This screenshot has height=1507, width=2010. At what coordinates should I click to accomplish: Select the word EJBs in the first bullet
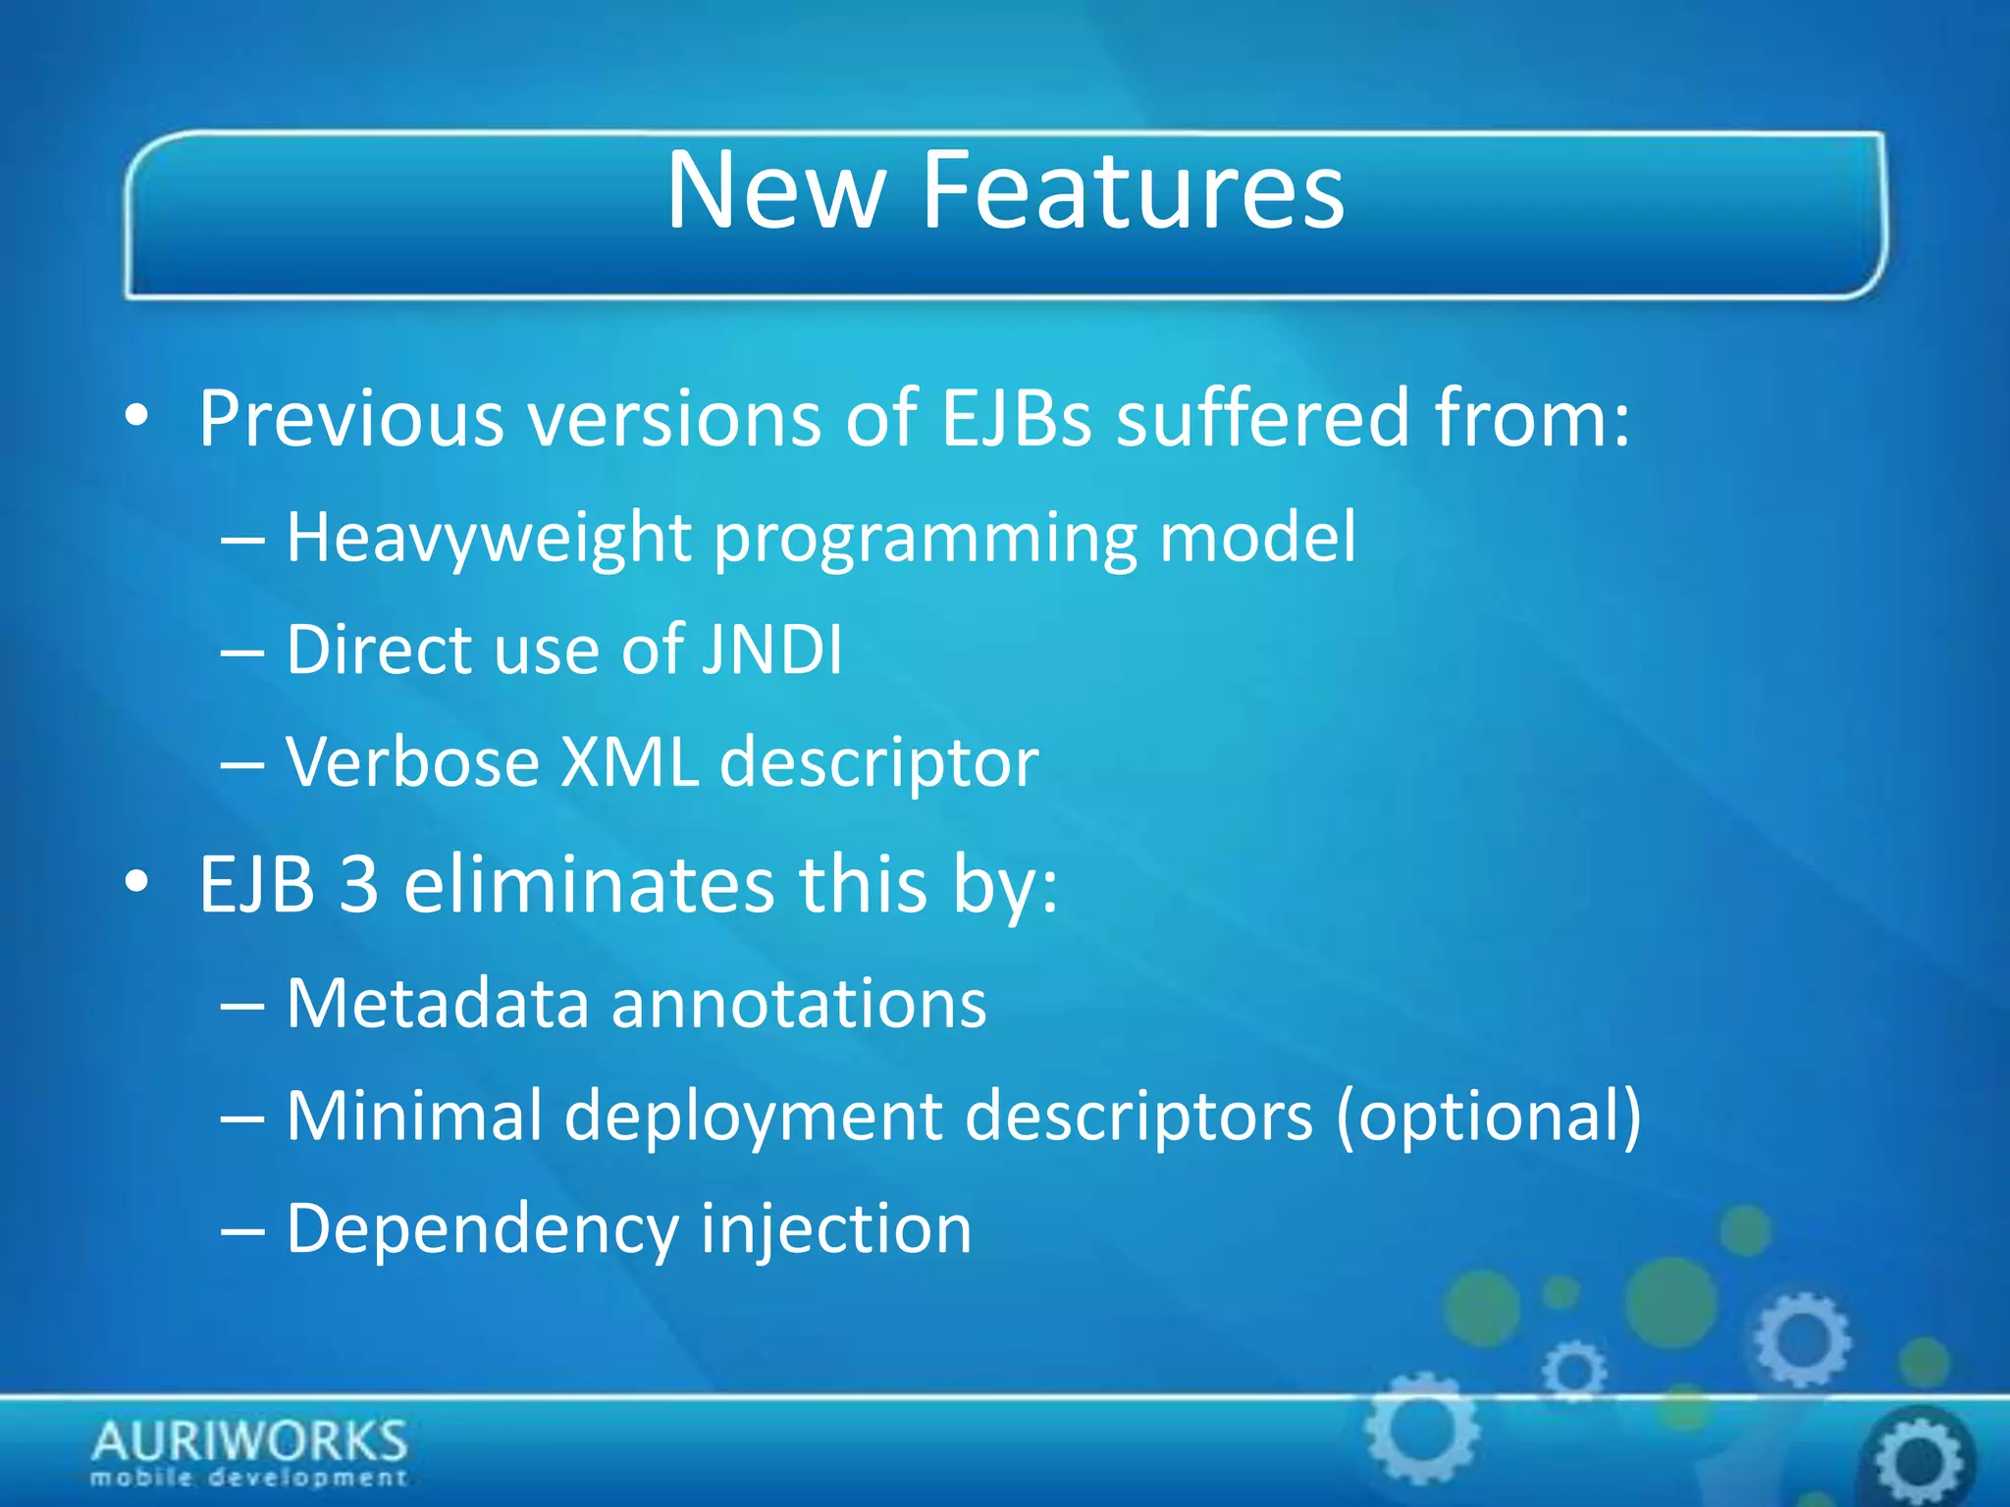point(1016,419)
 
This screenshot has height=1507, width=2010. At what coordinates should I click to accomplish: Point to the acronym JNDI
point(772,650)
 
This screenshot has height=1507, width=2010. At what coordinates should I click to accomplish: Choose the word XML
point(629,762)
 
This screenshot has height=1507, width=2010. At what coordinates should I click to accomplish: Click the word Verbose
point(412,762)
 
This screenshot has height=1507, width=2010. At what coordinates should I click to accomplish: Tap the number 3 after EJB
point(358,885)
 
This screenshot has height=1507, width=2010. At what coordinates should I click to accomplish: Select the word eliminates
point(589,885)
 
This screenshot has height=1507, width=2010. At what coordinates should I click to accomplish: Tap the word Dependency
point(482,1230)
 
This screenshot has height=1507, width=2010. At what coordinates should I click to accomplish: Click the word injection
point(835,1230)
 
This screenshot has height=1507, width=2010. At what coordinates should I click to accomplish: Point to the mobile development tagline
point(249,1478)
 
